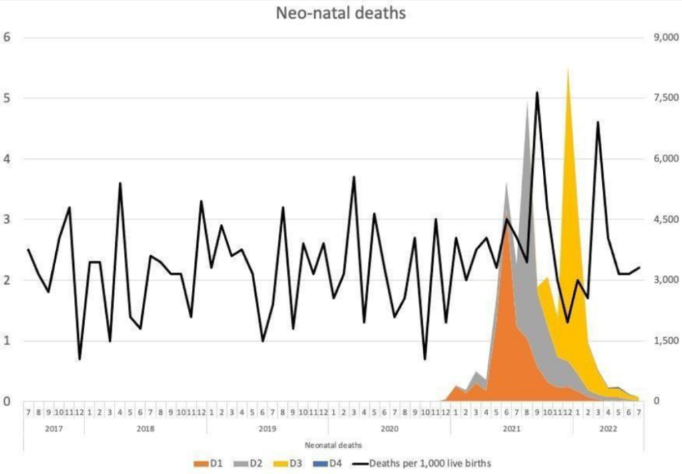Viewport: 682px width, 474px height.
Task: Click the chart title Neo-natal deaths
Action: (341, 13)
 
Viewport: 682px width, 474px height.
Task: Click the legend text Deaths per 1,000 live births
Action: (430, 463)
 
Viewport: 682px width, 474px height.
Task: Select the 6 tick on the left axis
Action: (7, 37)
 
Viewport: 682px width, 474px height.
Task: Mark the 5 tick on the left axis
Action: (7, 98)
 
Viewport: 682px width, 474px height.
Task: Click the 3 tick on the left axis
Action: (7, 219)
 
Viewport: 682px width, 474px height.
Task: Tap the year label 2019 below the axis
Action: (267, 429)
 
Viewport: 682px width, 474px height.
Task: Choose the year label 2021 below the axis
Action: (511, 429)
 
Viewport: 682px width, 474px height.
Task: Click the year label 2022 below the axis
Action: (607, 429)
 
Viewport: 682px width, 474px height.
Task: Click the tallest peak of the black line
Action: (537, 93)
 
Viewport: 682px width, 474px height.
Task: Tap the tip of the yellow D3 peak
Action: (567, 69)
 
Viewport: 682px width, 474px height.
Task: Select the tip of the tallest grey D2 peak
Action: (527, 101)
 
